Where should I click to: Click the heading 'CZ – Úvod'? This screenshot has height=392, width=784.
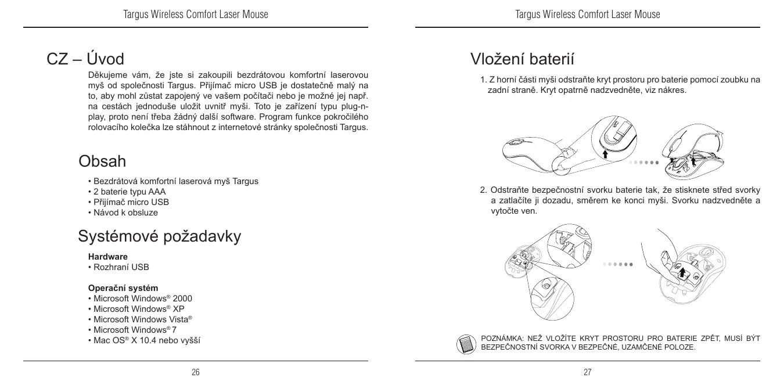(x=85, y=59)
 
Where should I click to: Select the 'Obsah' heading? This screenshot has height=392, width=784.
(x=102, y=160)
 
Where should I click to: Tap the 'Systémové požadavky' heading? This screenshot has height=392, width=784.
(x=160, y=236)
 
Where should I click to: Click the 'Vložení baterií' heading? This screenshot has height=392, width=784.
(x=523, y=59)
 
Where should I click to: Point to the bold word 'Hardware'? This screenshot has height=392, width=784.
(x=108, y=256)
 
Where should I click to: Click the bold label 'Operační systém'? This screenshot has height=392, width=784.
(x=123, y=288)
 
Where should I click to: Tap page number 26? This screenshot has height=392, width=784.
(x=196, y=372)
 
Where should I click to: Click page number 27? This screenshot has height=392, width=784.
(x=587, y=372)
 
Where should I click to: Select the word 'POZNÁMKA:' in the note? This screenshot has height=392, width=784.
(x=502, y=338)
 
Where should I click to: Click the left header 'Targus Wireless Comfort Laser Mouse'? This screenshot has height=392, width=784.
(x=196, y=14)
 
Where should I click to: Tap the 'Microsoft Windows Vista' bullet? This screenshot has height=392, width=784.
(x=142, y=319)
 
